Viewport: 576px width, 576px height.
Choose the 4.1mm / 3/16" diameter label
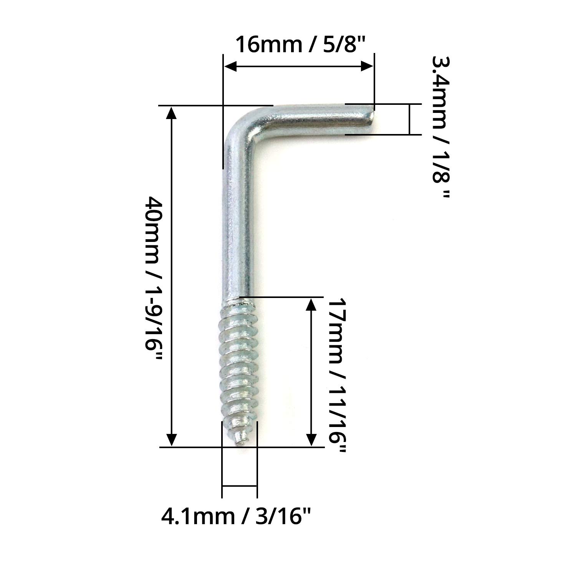pyautogui.click(x=235, y=516)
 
